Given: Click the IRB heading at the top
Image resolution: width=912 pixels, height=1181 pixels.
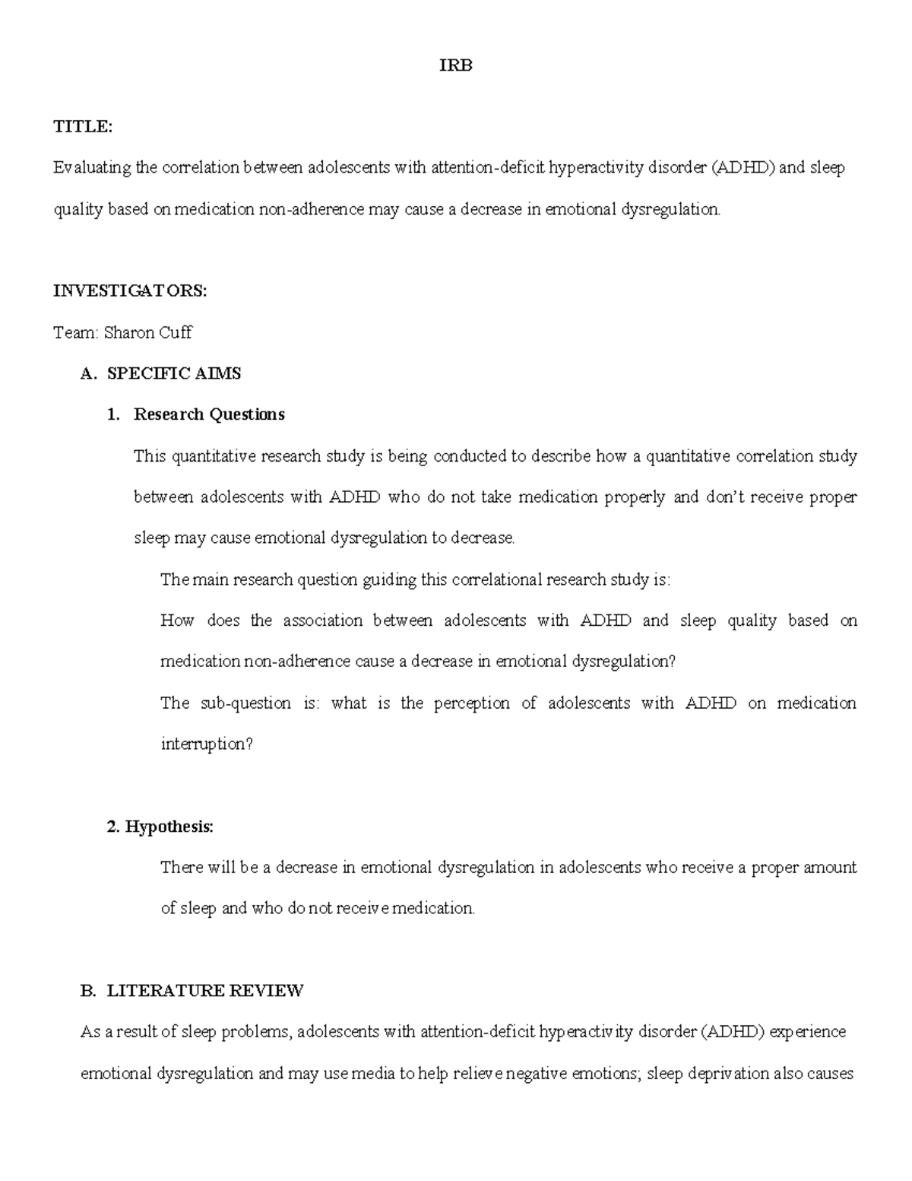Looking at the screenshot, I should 456,66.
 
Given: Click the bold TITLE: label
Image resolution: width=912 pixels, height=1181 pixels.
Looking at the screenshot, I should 82,127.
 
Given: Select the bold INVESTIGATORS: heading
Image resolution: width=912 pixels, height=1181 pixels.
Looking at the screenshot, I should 129,291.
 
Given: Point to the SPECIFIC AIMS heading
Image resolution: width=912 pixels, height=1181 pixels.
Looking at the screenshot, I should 174,373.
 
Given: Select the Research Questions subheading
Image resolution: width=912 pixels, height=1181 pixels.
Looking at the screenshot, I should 209,414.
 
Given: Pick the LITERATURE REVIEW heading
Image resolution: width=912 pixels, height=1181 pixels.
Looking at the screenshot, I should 205,991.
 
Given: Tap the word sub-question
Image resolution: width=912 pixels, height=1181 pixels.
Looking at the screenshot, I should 245,703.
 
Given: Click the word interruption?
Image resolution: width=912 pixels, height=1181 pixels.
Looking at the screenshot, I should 206,744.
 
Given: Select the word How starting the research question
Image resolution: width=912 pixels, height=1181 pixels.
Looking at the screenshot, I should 177,621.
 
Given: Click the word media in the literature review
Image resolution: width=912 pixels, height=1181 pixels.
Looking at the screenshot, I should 374,1074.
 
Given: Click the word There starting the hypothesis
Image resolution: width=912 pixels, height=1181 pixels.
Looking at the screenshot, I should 181,868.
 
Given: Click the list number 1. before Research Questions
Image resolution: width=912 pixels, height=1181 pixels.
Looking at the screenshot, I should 113,414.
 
